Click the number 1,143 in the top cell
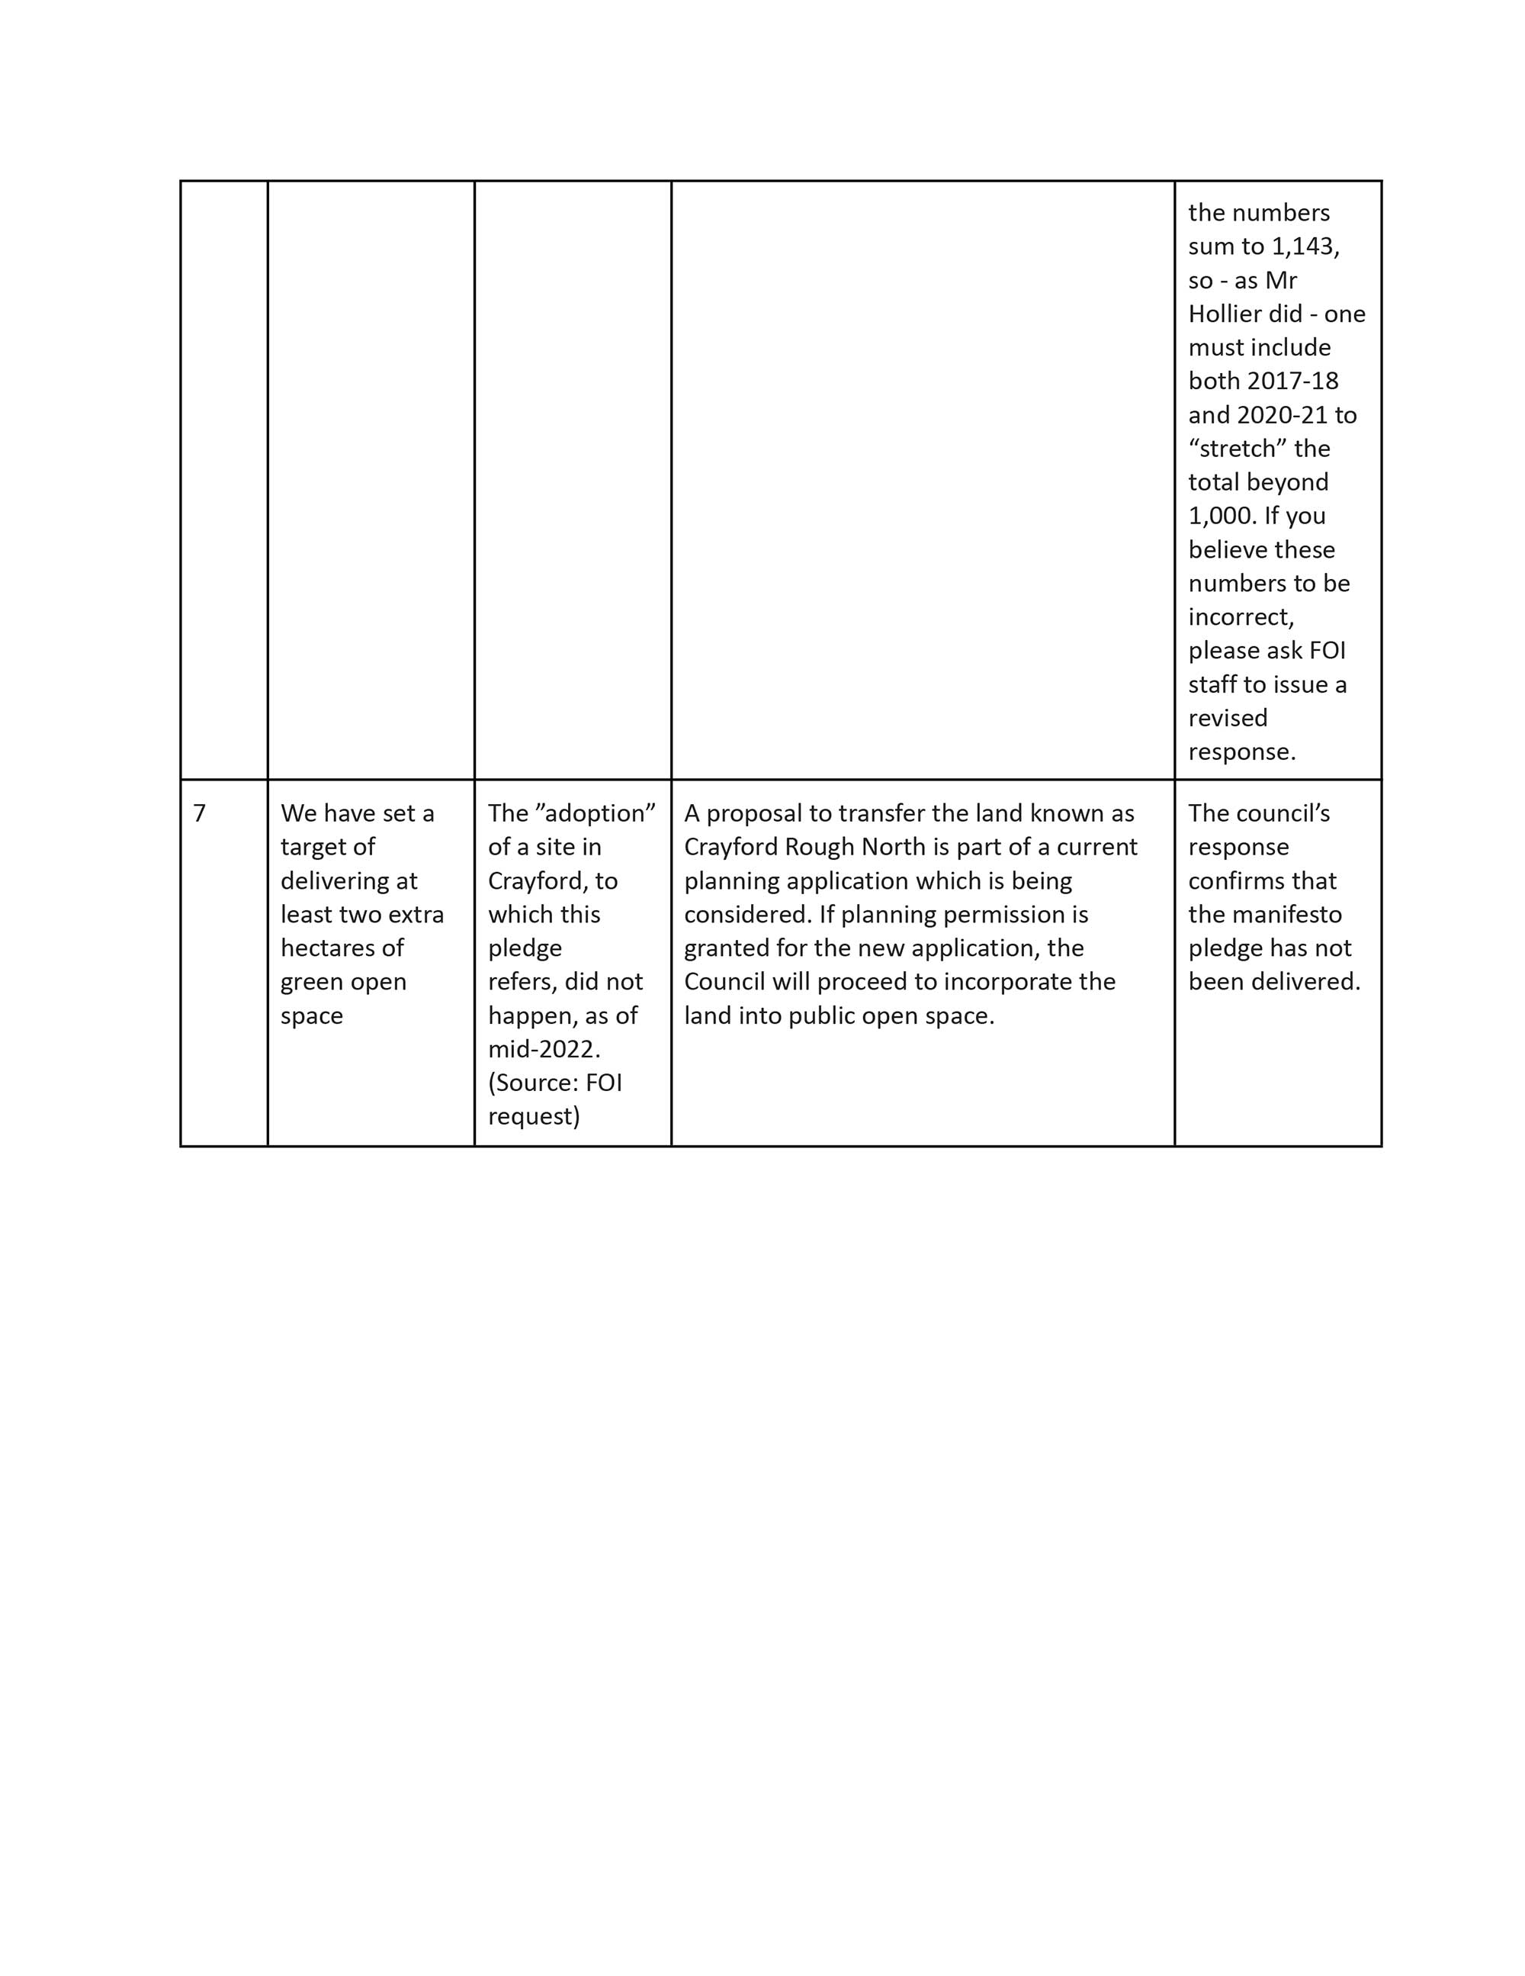pos(1305,246)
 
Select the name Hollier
pos(1224,314)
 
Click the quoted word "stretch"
pos(1237,449)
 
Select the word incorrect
pos(1240,617)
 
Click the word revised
pos(1228,719)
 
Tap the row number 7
pos(200,813)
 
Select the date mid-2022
pos(544,1050)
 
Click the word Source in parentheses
pos(533,1083)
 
